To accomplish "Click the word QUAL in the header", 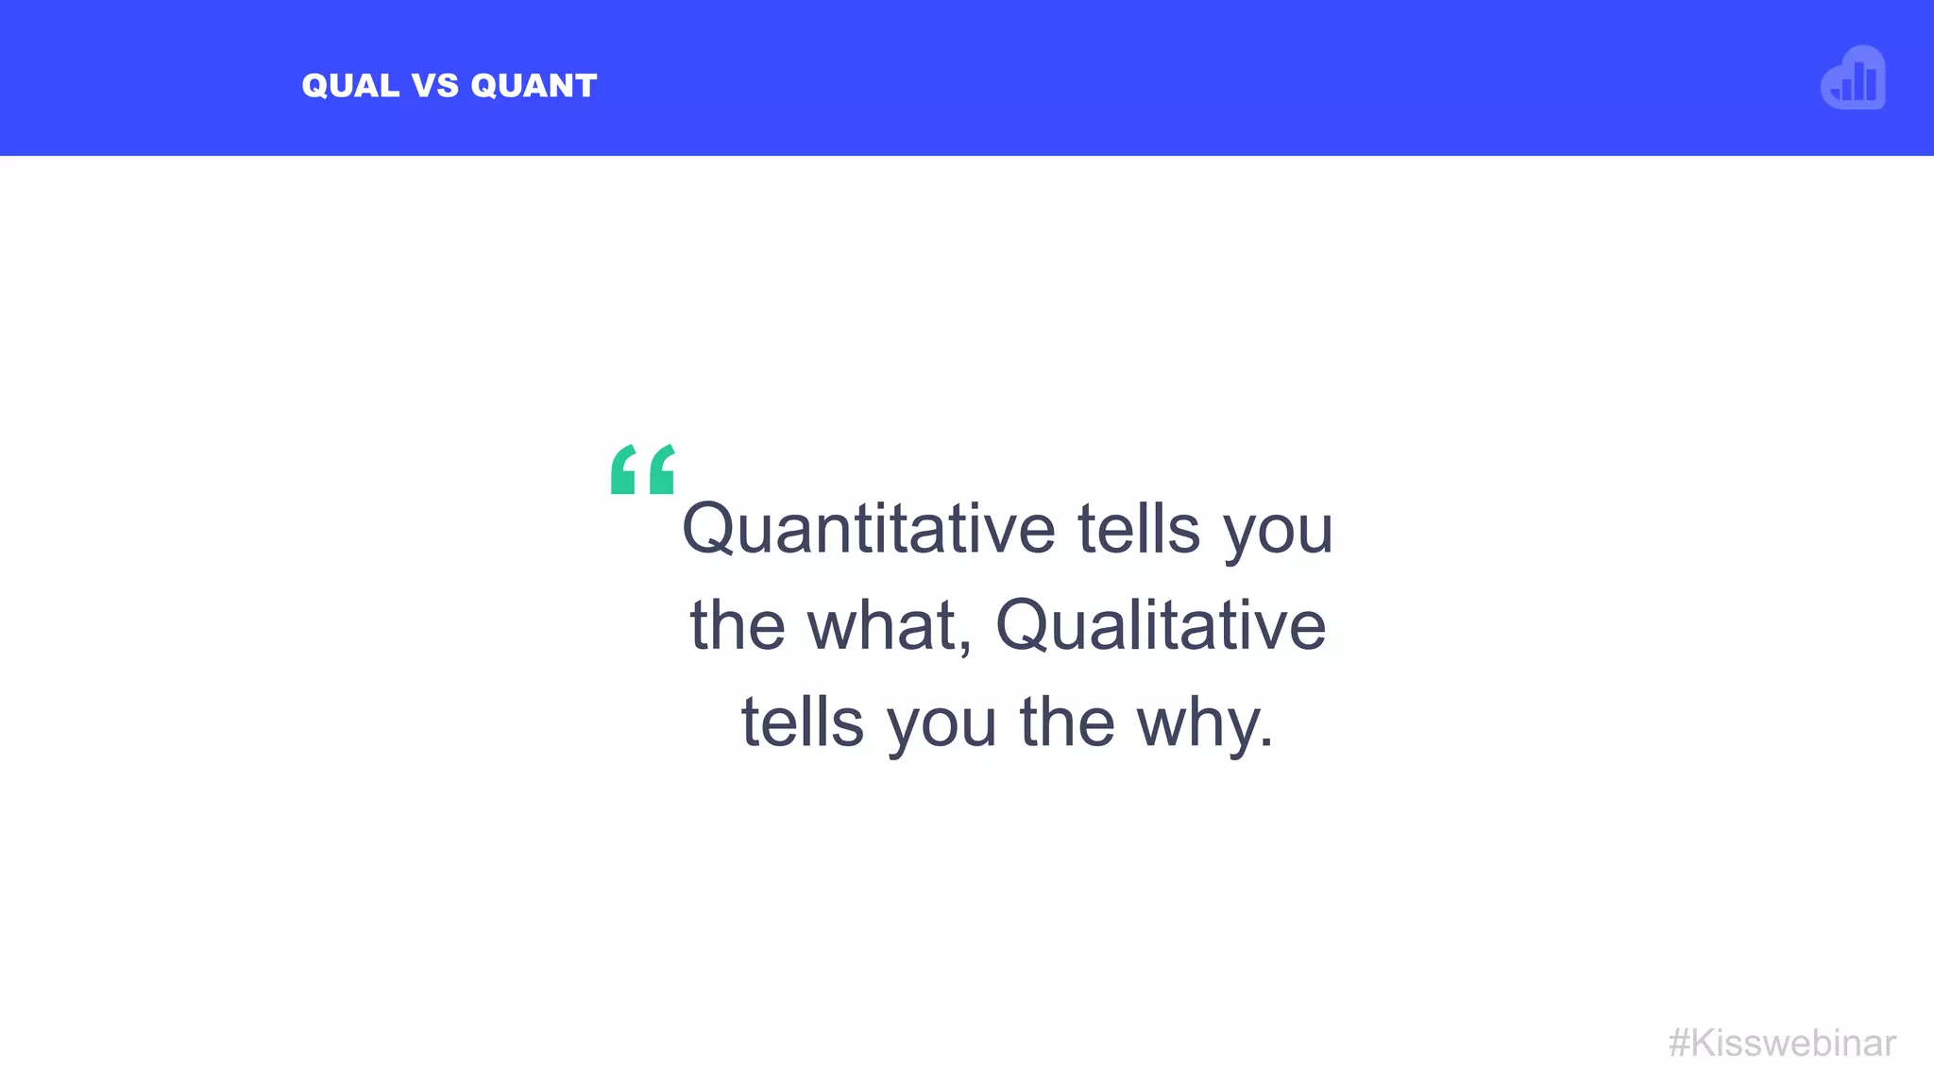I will pos(350,86).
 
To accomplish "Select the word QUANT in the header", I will pos(534,86).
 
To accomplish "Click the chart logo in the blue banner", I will pos(1854,78).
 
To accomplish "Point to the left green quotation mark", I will pos(623,469).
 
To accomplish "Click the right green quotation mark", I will pos(662,469).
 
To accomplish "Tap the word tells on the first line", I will pos(1139,530).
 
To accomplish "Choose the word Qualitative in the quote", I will pos(1161,626).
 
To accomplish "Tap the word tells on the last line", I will pos(803,722).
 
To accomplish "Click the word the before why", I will pos(1067,722).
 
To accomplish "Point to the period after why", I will pos(1266,743).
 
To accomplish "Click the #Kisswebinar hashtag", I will pos(1782,1044).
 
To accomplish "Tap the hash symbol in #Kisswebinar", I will pos(1679,1044).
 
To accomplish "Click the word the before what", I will pos(738,626).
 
